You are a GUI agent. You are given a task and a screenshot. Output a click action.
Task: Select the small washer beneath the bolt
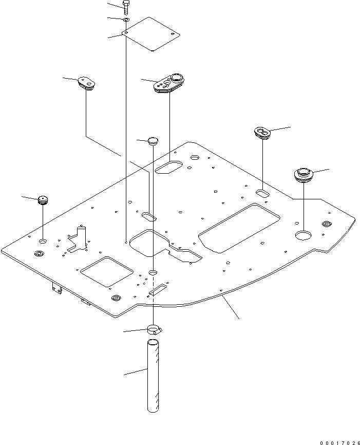[126, 20]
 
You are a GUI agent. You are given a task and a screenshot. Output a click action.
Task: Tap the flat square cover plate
[152, 34]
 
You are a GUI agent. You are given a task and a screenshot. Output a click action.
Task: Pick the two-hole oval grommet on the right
[262, 133]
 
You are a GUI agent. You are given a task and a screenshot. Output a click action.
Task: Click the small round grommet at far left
[43, 199]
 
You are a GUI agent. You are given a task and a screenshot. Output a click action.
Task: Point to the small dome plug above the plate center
[153, 141]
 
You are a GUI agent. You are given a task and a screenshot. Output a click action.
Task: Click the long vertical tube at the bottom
[153, 375]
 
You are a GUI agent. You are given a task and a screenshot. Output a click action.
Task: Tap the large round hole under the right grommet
[304, 235]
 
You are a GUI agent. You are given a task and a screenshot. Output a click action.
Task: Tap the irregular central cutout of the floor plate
[159, 244]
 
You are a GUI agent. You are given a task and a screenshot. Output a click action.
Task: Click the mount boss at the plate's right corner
[326, 224]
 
